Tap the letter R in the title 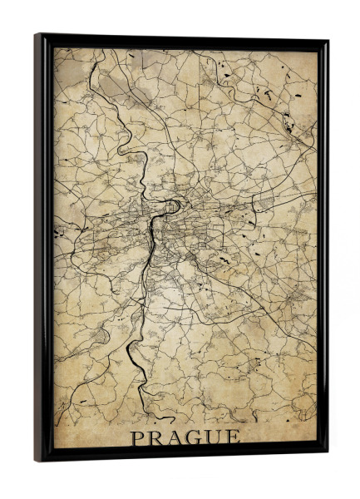coord(158,437)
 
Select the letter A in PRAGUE coord(178,437)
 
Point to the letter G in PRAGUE coord(198,437)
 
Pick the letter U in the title coord(218,437)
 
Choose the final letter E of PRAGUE coord(236,437)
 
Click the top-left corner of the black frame coord(36,34)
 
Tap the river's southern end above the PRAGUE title coord(148,413)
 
